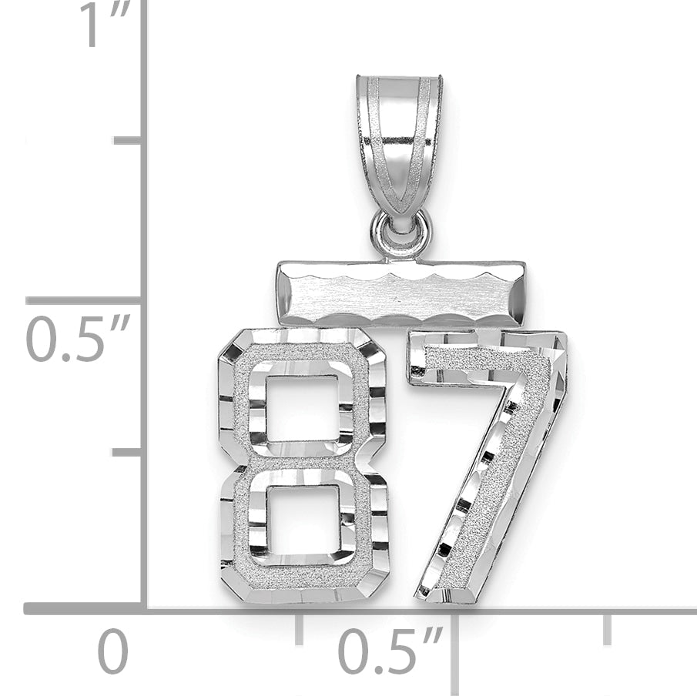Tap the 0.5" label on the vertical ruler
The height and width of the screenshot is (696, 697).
point(79,338)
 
